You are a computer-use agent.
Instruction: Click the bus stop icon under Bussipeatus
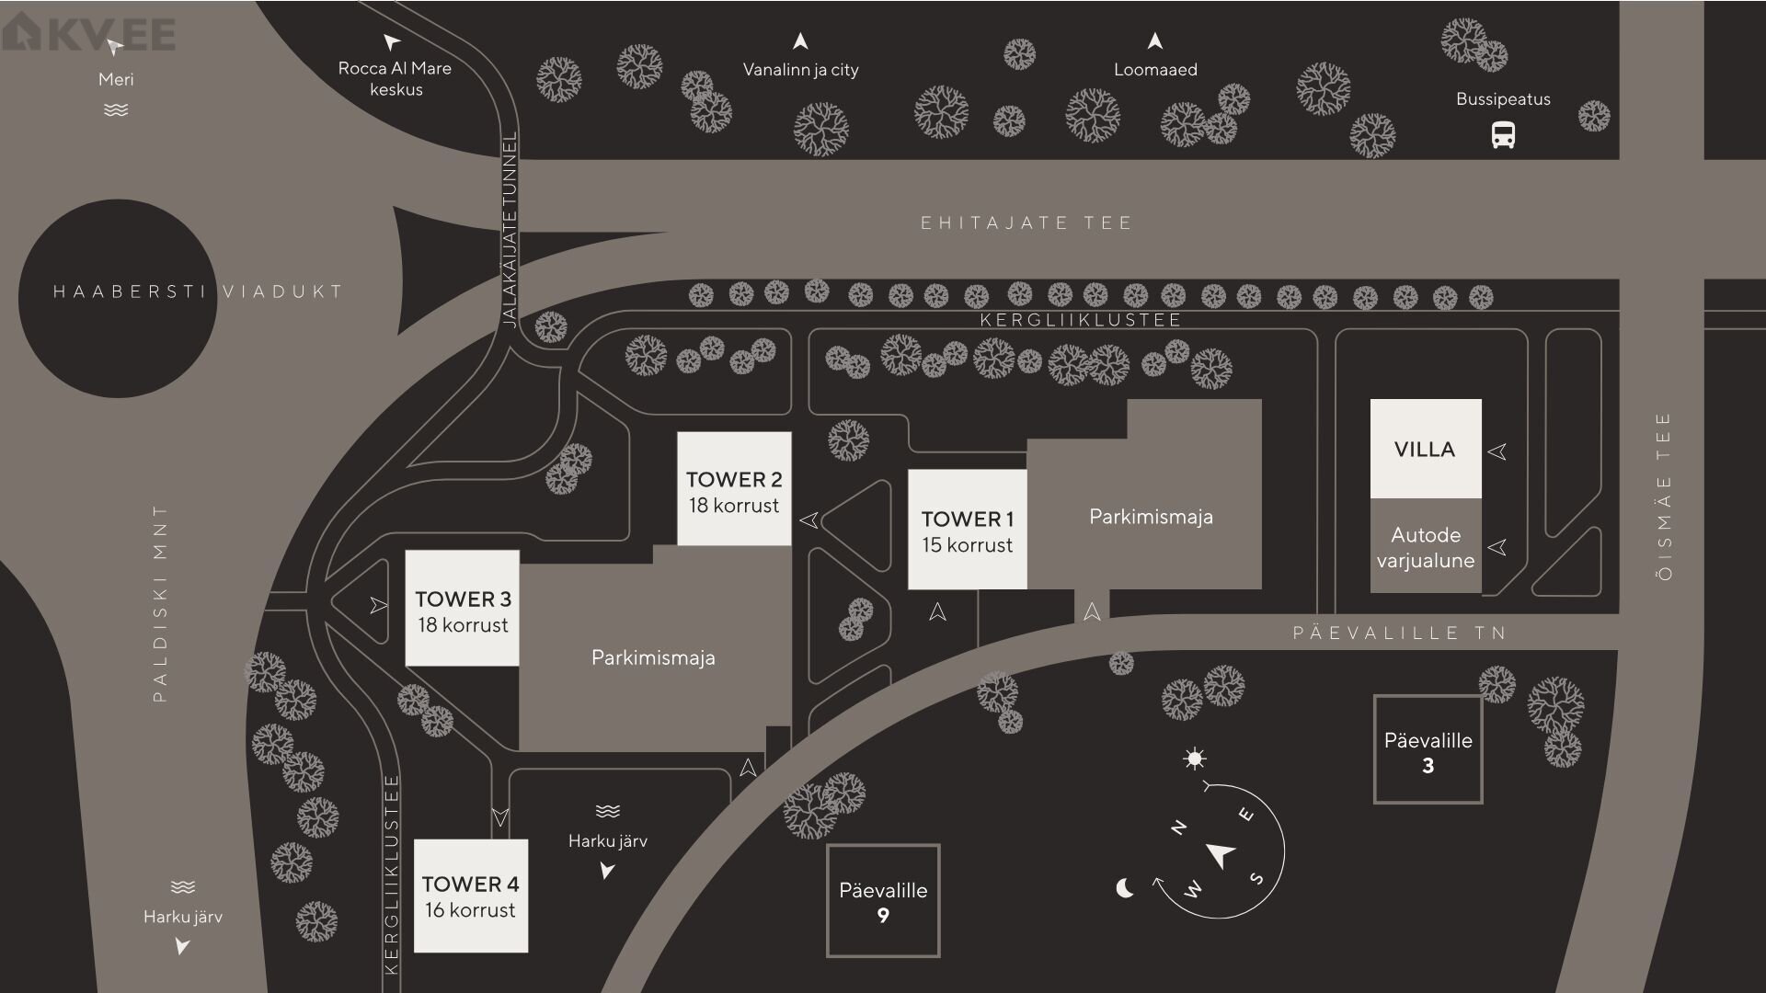pos(1503,136)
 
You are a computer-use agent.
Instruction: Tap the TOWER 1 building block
pos(967,530)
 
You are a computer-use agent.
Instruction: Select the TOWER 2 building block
pos(734,489)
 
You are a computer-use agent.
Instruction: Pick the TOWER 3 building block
pos(462,609)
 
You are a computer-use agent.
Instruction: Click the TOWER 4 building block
pos(470,896)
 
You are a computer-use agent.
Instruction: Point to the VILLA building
pos(1425,449)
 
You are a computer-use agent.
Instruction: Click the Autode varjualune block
pos(1425,546)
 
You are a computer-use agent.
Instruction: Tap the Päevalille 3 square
pos(1428,750)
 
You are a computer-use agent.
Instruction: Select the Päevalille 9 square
pos(883,901)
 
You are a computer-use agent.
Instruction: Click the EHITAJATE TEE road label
pos(1026,223)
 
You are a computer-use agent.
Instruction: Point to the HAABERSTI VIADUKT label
pos(198,291)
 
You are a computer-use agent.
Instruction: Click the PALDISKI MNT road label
pos(160,603)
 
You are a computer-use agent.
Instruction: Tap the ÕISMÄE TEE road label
pos(1663,496)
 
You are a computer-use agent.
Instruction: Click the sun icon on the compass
pos(1194,759)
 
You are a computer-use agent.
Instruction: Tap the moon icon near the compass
pos(1124,888)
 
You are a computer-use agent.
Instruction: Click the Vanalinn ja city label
pos(800,70)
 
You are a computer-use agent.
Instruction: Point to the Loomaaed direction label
pos(1155,70)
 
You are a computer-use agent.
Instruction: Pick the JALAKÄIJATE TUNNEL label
pos(510,230)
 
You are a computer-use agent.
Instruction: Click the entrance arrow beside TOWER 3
pos(378,605)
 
